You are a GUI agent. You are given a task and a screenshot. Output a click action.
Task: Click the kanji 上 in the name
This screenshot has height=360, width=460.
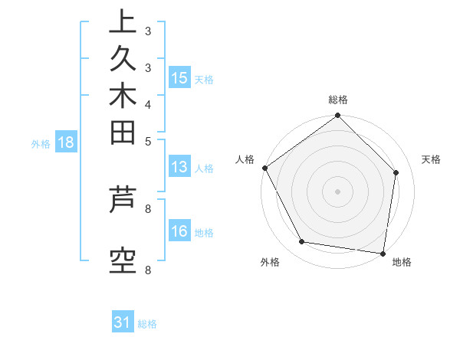(123, 22)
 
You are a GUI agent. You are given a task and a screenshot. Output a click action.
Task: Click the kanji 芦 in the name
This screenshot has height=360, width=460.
(123, 201)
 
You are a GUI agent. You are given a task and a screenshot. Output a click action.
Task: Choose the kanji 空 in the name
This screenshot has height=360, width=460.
(123, 263)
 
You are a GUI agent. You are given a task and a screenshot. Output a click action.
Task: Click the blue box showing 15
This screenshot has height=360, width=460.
(179, 78)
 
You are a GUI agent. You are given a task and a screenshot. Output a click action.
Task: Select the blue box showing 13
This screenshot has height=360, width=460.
(179, 168)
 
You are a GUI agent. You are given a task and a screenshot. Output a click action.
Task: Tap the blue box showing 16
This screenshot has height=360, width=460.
(179, 232)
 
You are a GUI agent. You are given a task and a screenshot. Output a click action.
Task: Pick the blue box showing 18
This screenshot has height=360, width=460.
(66, 142)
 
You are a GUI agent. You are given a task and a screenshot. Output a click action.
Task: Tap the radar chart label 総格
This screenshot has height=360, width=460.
(338, 100)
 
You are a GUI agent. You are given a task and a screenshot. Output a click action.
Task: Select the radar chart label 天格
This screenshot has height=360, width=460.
(431, 159)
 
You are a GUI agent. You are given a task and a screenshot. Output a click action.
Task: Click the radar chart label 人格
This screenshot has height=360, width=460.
(245, 159)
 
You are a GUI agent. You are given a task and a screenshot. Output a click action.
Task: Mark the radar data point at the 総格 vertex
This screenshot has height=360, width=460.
(338, 116)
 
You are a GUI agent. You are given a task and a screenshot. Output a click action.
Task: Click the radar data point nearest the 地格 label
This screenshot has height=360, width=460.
(383, 253)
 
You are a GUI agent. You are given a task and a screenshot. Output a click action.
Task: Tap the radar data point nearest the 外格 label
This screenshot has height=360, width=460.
(302, 242)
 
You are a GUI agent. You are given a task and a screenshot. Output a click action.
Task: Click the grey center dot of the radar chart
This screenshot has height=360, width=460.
(338, 191)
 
